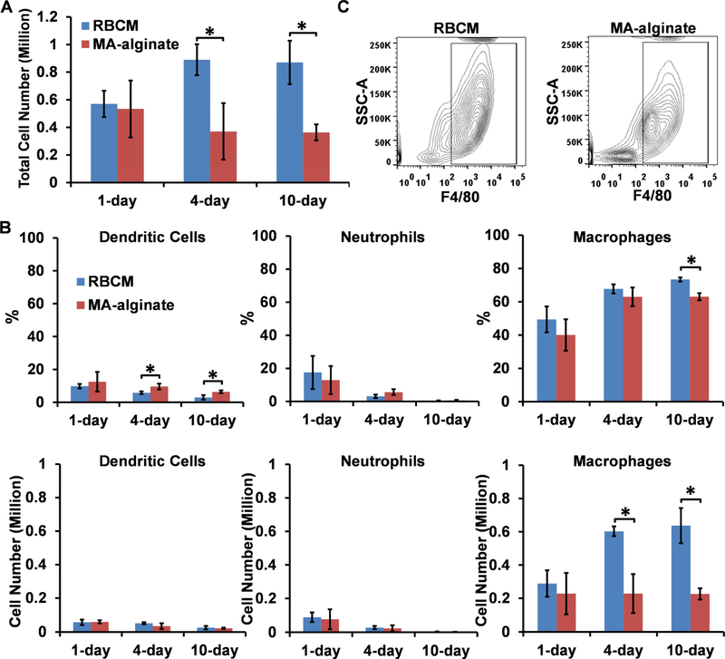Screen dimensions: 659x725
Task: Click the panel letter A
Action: point(9,9)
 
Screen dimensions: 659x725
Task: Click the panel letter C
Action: point(342,9)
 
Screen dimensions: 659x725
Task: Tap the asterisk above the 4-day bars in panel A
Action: point(211,32)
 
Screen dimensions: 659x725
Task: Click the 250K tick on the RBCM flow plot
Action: point(381,44)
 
